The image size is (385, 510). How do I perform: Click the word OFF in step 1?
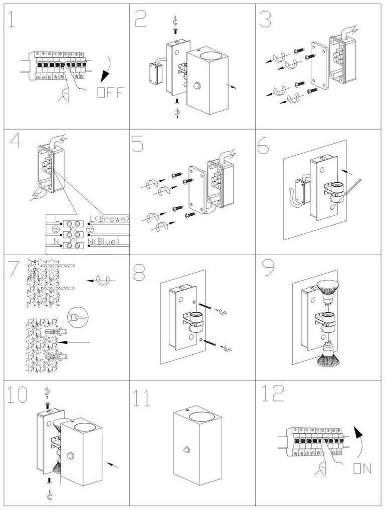109,93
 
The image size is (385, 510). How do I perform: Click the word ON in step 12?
362,468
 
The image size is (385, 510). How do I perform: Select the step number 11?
142,398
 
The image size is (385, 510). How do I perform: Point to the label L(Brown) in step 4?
109,219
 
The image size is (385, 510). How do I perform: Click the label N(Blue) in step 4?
106,242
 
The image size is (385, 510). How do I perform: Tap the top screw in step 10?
48,404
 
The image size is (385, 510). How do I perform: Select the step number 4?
15,142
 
